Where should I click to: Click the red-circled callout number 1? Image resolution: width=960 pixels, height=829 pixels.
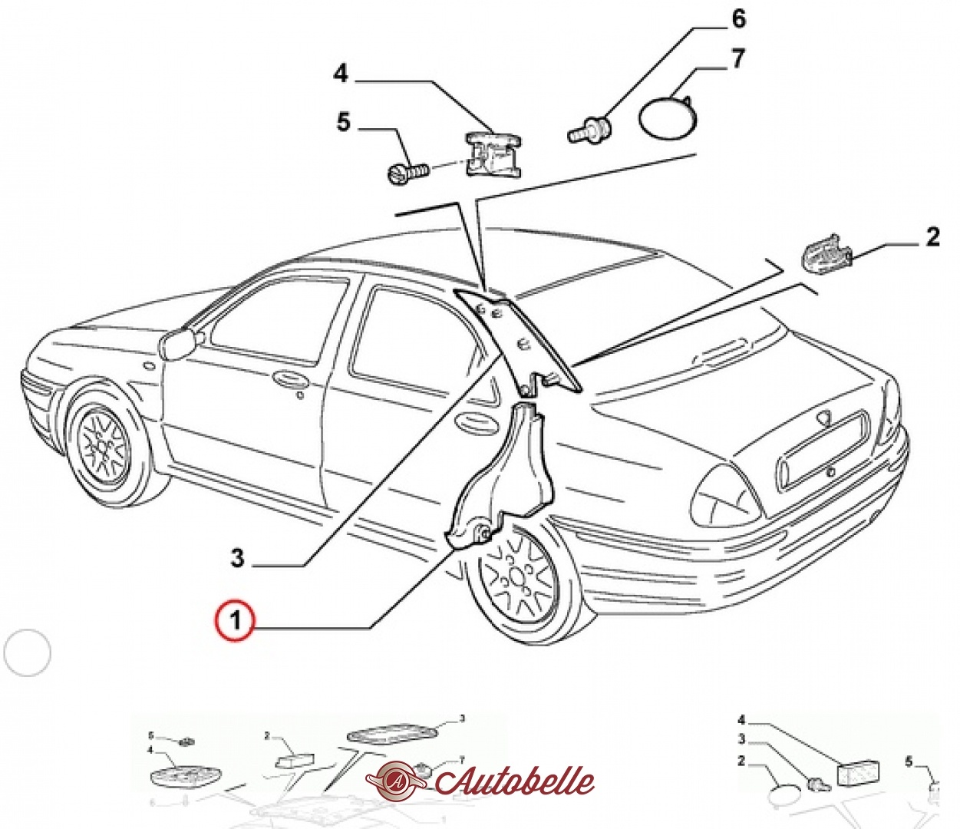(x=235, y=619)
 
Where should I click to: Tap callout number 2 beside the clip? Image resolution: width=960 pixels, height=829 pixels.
(x=932, y=237)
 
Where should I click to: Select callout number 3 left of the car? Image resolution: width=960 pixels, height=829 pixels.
(x=237, y=558)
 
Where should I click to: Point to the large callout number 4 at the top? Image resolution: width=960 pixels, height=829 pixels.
(x=341, y=74)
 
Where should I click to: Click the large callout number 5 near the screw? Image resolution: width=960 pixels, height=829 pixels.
(x=343, y=122)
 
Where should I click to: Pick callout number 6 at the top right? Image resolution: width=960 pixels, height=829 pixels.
(x=738, y=19)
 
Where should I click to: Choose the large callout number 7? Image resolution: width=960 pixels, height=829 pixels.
(x=737, y=59)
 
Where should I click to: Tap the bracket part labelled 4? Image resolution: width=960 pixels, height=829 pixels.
(x=492, y=154)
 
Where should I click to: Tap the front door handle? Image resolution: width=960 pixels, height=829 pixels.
(x=289, y=378)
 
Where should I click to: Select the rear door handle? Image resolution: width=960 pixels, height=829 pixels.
(x=470, y=421)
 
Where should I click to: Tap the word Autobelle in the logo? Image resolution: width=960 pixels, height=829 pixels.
(x=514, y=781)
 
